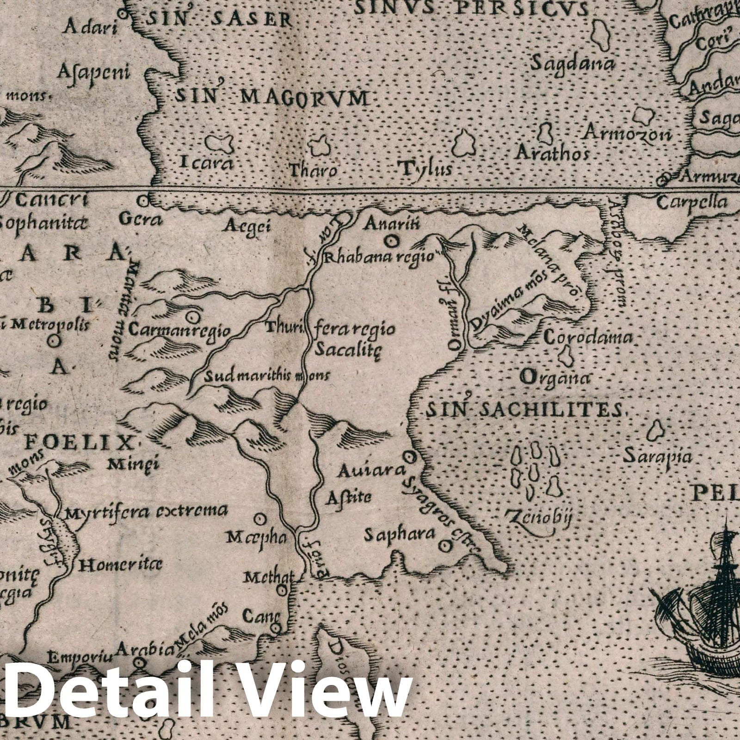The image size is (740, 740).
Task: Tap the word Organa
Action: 555,377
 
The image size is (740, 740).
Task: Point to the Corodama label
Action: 587,338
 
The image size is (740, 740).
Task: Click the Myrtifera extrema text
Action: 147,512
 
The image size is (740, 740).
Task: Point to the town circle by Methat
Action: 282,590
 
